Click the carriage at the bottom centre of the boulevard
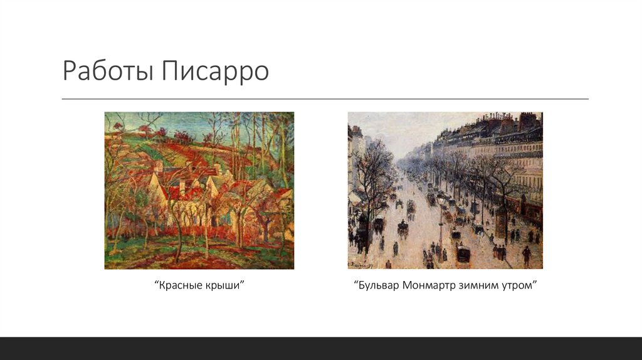[x=463, y=253]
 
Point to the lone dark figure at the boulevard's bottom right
[x=526, y=254]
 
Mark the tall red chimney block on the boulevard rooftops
[x=527, y=120]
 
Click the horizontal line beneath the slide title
[x=325, y=99]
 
